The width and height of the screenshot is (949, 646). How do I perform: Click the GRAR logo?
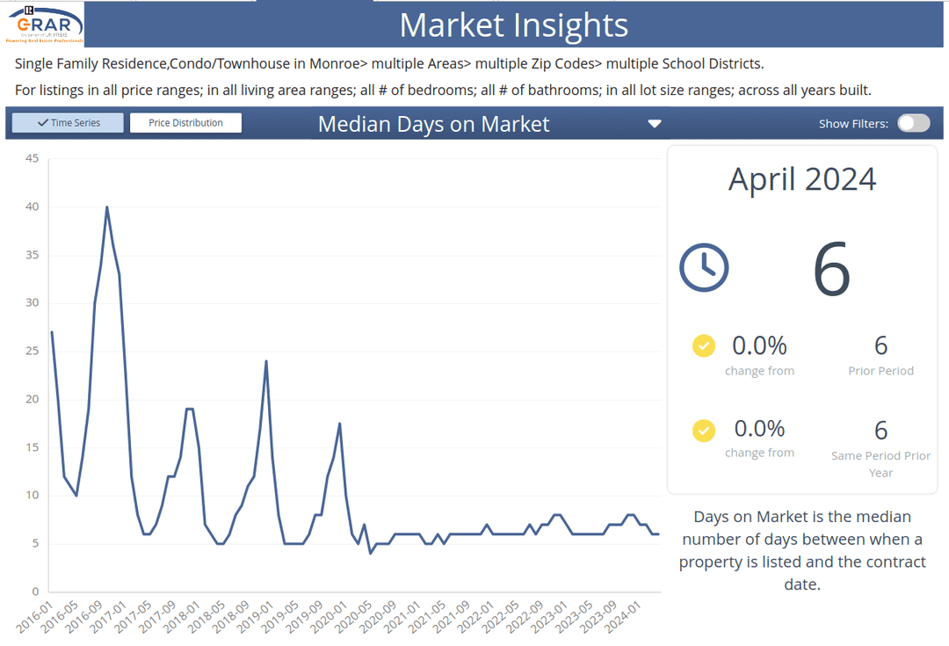point(46,24)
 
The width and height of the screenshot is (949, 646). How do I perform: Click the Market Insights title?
point(514,25)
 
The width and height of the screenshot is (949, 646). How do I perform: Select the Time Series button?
point(69,123)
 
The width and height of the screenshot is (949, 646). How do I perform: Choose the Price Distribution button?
point(185,123)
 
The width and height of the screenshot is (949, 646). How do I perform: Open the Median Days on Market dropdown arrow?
point(654,124)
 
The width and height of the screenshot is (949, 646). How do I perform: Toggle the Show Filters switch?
point(913,123)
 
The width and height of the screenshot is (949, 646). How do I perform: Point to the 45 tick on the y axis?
point(33,158)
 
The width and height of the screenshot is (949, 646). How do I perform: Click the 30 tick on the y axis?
point(33,302)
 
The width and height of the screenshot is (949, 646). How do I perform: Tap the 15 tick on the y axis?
point(33,446)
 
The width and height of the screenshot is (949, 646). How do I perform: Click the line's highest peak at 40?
point(107,207)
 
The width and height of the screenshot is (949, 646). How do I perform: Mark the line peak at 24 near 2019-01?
point(266,361)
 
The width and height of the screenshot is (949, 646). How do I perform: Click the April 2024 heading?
point(802,179)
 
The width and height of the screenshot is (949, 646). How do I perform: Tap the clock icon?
point(704,267)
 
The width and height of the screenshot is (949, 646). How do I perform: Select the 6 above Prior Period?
point(880,345)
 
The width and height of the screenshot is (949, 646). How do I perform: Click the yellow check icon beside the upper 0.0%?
point(704,345)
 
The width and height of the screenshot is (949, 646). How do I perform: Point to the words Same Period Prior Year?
point(880,464)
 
